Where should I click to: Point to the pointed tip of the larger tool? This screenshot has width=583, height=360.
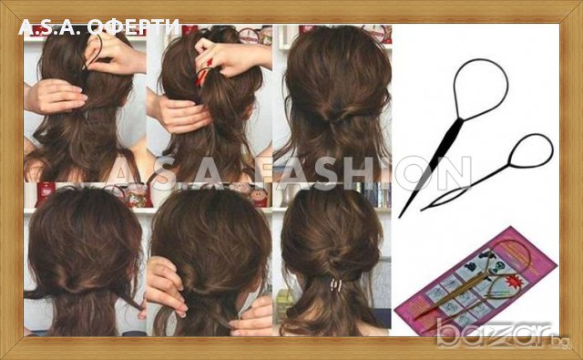click(x=401, y=215)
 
